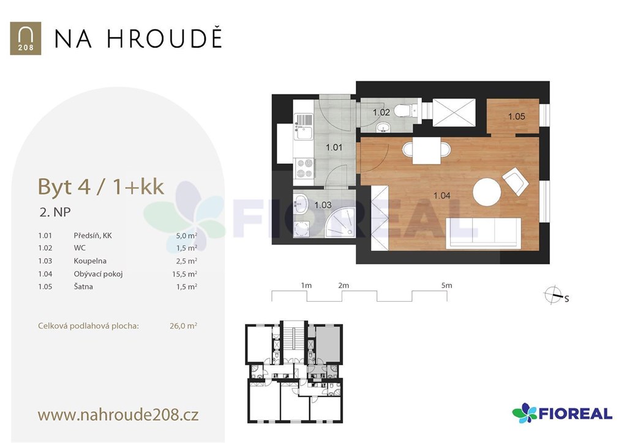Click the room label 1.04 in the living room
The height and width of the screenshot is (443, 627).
pyautogui.click(x=442, y=195)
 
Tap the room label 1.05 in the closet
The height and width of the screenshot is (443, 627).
pyautogui.click(x=516, y=116)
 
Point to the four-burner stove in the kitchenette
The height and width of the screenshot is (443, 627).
pyautogui.click(x=304, y=168)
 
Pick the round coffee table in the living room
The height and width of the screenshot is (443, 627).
pyautogui.click(x=487, y=192)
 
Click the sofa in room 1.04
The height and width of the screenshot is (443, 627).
pyautogui.click(x=484, y=233)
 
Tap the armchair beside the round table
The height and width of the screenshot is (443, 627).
pyautogui.click(x=516, y=181)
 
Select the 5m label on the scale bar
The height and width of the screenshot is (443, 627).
pyautogui.click(x=446, y=285)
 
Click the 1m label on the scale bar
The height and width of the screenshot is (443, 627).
pyautogui.click(x=306, y=285)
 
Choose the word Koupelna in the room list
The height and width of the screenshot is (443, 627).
pyautogui.click(x=90, y=261)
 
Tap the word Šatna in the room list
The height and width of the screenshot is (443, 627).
pyautogui.click(x=83, y=286)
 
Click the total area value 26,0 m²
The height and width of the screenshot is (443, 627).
pyautogui.click(x=183, y=326)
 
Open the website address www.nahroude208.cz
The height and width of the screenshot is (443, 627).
pyautogui.click(x=118, y=415)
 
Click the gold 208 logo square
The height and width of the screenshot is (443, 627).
pyautogui.click(x=26, y=39)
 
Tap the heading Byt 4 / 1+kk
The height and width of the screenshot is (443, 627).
pyautogui.click(x=101, y=187)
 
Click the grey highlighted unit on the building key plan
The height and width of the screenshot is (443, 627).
pyautogui.click(x=329, y=343)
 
